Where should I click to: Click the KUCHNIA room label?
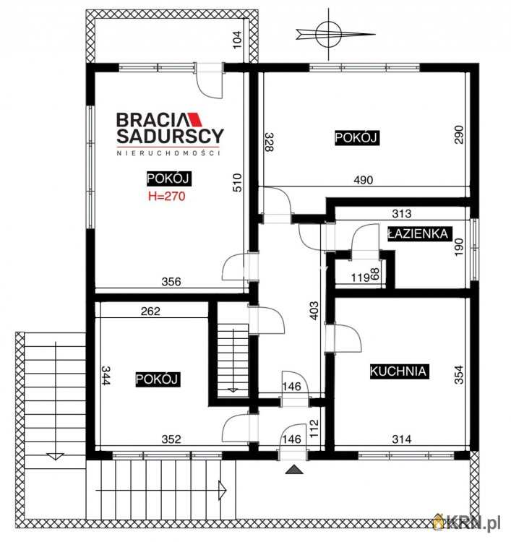pos(399,371)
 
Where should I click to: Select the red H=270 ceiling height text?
pos(167,196)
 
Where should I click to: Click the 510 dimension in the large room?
pos(237,183)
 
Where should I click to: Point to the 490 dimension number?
pos(364,180)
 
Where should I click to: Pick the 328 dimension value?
pos(270,142)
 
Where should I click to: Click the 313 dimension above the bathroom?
pos(402,214)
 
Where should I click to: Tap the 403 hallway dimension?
pos(314,311)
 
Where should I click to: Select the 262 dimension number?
pos(151,311)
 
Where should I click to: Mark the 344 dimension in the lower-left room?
pos(106,375)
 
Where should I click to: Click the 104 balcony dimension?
pos(237,40)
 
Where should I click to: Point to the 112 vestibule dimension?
pos(314,429)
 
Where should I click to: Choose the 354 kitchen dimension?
pos(459,374)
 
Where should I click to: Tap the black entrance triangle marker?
pos(294,470)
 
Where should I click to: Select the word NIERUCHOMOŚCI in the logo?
pos(168,152)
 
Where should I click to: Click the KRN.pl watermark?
pos(468,524)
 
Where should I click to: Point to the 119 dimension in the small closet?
pos(361,278)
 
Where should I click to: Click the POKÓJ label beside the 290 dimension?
pos(357,137)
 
